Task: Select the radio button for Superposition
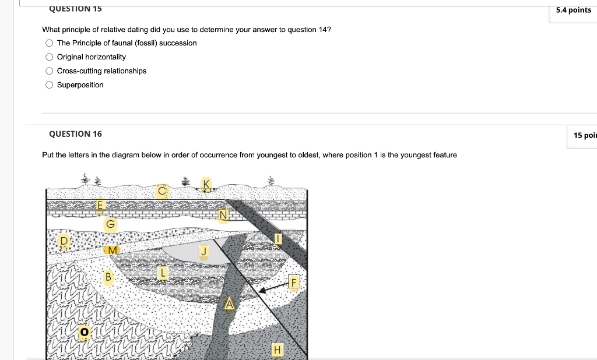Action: (x=50, y=85)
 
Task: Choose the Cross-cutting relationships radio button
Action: (x=50, y=71)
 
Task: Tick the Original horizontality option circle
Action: (x=50, y=57)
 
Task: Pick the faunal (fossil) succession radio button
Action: (x=50, y=43)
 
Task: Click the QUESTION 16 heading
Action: (x=75, y=134)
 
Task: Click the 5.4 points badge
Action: (x=573, y=10)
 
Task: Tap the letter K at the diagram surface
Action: (x=205, y=185)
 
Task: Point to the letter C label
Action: (x=162, y=191)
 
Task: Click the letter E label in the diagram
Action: (x=100, y=205)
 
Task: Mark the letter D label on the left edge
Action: (x=65, y=240)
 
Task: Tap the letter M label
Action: (x=113, y=250)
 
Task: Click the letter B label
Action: (x=108, y=277)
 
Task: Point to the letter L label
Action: (x=164, y=271)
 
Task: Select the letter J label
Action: (x=203, y=252)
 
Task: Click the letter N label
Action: (x=223, y=216)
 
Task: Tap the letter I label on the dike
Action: (x=278, y=239)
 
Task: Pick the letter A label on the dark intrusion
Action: (x=229, y=303)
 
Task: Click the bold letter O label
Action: (x=85, y=332)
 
